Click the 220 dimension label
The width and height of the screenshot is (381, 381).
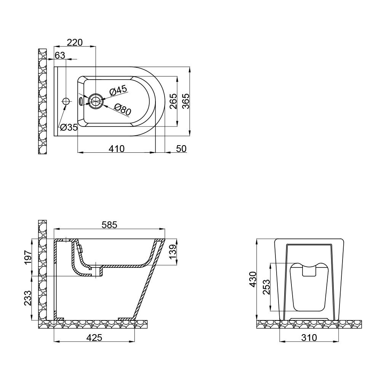tap(75, 42)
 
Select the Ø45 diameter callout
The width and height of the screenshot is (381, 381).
tap(118, 91)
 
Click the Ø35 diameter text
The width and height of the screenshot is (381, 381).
tap(69, 128)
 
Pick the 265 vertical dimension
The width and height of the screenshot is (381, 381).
tap(173, 101)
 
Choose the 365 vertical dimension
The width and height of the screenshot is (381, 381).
tap(186, 101)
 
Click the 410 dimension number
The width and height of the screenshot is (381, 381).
tap(117, 149)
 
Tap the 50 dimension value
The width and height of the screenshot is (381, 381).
tap(181, 149)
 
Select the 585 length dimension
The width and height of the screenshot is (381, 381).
tap(109, 225)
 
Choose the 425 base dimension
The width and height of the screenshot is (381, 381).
tap(94, 338)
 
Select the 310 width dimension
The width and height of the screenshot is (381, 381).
tap(309, 338)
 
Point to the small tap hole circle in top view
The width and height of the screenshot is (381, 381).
tap(66, 101)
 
